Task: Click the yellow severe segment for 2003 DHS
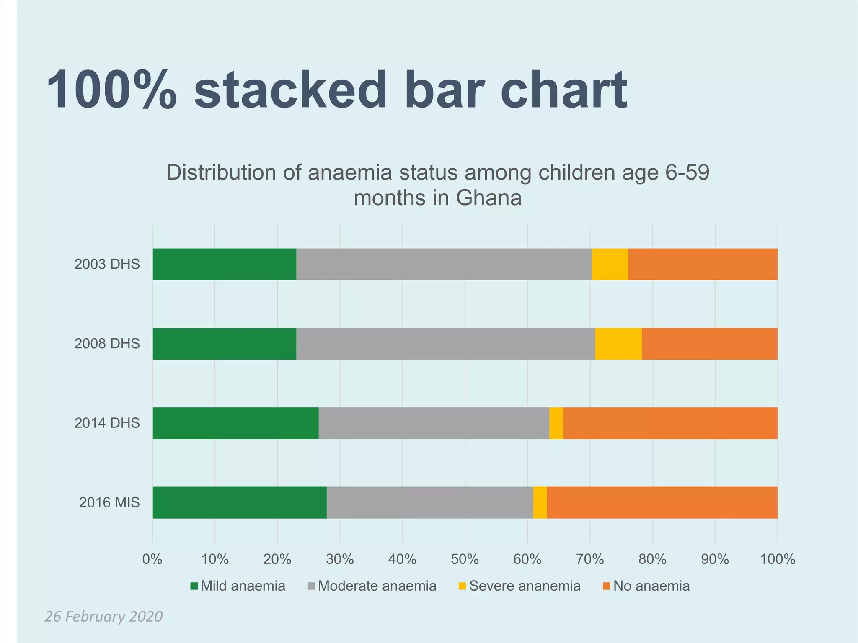(610, 264)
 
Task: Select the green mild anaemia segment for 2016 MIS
(239, 502)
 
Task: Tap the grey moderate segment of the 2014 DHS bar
(434, 423)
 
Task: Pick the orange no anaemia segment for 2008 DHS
(709, 344)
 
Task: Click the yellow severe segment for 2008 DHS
(618, 344)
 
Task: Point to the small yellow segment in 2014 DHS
(556, 423)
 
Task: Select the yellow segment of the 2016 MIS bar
(540, 502)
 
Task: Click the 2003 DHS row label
(107, 264)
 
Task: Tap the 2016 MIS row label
(109, 502)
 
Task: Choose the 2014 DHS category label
(107, 423)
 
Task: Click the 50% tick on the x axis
(465, 559)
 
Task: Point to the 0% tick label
(152, 559)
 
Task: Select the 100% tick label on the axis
(777, 559)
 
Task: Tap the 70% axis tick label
(590, 559)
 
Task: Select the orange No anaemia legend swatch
(606, 586)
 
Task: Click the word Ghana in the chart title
(488, 198)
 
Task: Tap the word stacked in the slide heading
(290, 90)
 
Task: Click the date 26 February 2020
(103, 617)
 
